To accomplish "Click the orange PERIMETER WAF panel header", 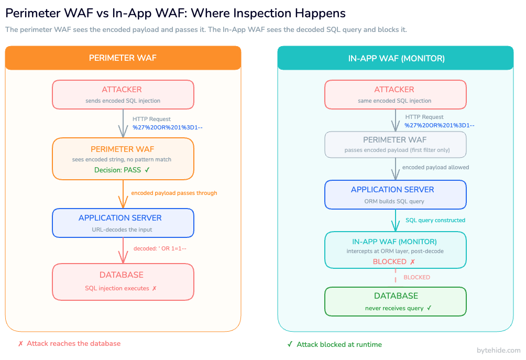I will click(123, 58).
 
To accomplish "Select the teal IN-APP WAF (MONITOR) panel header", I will click(396, 58).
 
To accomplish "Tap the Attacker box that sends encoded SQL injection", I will click(123, 94).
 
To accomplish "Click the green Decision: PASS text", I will click(122, 170).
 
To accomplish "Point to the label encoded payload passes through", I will click(174, 193).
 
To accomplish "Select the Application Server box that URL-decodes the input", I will click(123, 223).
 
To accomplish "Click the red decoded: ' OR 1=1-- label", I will click(159, 248).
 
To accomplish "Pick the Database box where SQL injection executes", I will click(123, 281).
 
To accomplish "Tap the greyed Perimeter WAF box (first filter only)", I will click(395, 144).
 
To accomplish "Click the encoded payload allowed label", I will click(435, 167).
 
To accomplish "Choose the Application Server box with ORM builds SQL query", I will click(395, 194).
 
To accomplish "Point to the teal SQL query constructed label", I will click(435, 220).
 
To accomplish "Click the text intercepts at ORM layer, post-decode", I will click(395, 251).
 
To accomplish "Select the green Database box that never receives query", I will click(395, 301).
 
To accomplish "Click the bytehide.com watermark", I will click(498, 350).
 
